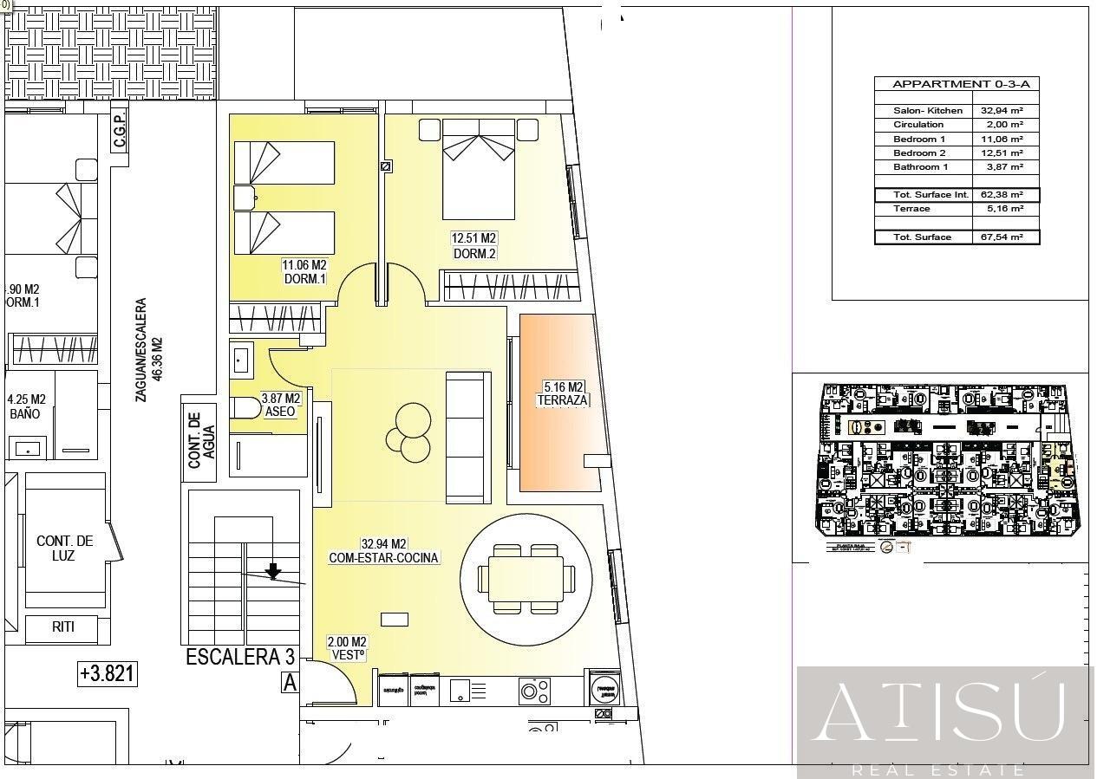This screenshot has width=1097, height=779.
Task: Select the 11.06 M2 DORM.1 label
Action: [x=304, y=272]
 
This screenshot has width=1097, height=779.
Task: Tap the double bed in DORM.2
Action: [x=479, y=169]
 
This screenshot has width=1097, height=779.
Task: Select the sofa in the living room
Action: [x=468, y=437]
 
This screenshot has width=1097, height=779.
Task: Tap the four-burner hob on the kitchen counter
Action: [x=534, y=691]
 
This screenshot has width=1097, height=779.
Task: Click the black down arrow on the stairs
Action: [x=273, y=569]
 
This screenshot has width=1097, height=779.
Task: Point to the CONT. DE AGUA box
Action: [x=199, y=439]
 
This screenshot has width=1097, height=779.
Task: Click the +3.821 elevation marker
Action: [x=108, y=672]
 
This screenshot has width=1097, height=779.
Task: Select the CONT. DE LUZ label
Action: [x=64, y=548]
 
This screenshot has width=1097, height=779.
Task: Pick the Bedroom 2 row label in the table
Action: [x=919, y=153]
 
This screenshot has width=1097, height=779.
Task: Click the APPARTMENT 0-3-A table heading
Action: [x=949, y=84]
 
